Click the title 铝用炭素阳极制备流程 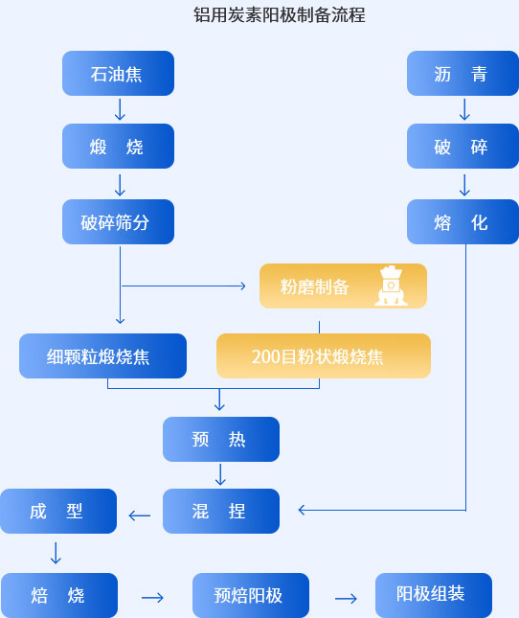(280, 15)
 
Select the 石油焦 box (118, 74)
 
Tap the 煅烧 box (118, 147)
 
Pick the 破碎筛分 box (118, 221)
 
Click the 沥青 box (463, 74)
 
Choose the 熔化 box (463, 221)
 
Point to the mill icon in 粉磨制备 (391, 286)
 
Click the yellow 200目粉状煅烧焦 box (324, 355)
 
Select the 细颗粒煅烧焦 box (102, 355)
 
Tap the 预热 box (221, 439)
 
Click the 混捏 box (221, 512)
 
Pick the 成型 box (58, 512)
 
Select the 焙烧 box (59, 595)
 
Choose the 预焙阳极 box (251, 595)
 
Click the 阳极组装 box (434, 595)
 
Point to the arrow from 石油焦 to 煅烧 (120, 109)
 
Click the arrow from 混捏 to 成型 (140, 515)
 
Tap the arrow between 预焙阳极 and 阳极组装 (346, 599)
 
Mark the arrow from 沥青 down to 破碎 (464, 109)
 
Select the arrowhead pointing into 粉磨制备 (243, 286)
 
